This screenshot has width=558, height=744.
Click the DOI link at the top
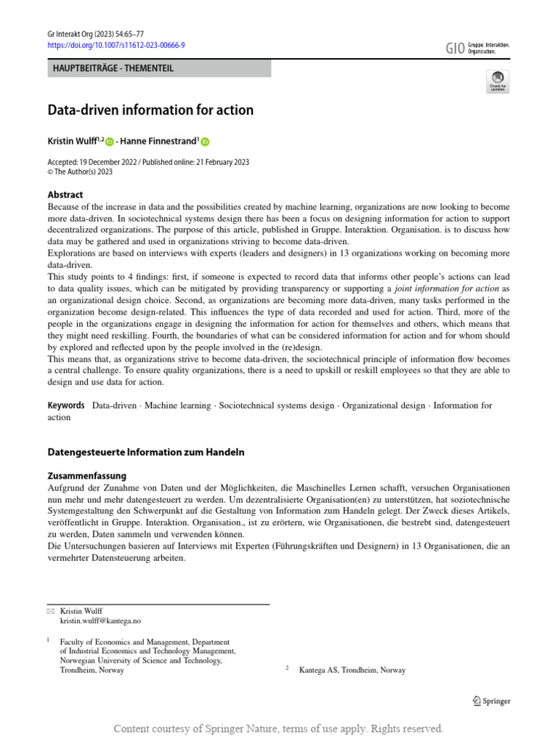(116, 44)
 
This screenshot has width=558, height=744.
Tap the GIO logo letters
(454, 48)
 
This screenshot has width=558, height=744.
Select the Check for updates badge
(498, 81)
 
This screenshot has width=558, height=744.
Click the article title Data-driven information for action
(150, 110)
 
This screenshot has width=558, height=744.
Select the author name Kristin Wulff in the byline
(76, 142)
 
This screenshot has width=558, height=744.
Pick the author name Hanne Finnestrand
(160, 142)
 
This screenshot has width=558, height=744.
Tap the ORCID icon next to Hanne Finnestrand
(205, 142)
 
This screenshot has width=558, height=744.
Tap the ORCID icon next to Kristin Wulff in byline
(110, 142)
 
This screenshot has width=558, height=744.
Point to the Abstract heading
(65, 195)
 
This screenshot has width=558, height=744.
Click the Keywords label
(66, 405)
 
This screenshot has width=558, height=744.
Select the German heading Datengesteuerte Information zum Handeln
(146, 452)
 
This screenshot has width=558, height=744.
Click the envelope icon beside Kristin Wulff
(50, 612)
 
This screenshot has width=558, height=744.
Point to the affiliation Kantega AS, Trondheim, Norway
(352, 670)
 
